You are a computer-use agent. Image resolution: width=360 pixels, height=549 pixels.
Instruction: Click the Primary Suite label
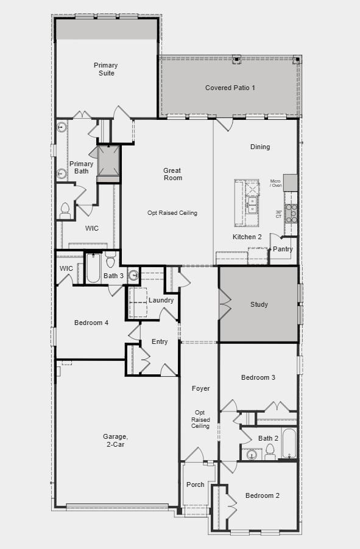tap(105, 69)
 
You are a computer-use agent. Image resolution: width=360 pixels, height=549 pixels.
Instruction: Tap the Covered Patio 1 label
tap(230, 88)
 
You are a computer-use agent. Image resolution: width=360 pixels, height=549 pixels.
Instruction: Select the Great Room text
tap(172, 174)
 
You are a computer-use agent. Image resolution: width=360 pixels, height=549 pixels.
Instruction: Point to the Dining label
tap(260, 147)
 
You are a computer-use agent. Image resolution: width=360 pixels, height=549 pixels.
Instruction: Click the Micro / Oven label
tap(276, 183)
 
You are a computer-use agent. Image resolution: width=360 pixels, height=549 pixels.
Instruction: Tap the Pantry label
tap(283, 249)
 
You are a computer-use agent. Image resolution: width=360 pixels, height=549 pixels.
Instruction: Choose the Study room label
tap(259, 304)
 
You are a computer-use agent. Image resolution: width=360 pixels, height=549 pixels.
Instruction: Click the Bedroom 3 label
tap(258, 377)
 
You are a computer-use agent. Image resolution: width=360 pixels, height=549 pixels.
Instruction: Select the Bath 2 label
tap(268, 438)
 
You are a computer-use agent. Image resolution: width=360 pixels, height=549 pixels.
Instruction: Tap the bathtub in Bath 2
tap(288, 444)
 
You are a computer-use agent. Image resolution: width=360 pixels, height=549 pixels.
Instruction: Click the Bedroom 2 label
tap(263, 495)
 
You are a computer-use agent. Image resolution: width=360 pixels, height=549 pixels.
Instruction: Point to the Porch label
tap(195, 484)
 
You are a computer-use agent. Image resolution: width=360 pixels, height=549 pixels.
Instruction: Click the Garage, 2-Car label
tap(115, 440)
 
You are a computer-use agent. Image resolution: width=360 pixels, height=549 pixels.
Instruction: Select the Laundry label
tap(161, 300)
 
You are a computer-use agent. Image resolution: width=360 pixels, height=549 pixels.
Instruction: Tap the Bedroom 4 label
tap(91, 323)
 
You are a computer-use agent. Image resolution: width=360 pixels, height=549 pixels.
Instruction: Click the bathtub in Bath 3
tap(93, 268)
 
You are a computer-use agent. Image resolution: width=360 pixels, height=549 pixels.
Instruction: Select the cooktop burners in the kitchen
tap(292, 212)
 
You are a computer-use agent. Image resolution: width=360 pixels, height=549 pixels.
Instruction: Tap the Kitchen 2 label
tap(247, 237)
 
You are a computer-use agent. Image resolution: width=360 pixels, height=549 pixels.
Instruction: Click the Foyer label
tap(200, 388)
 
